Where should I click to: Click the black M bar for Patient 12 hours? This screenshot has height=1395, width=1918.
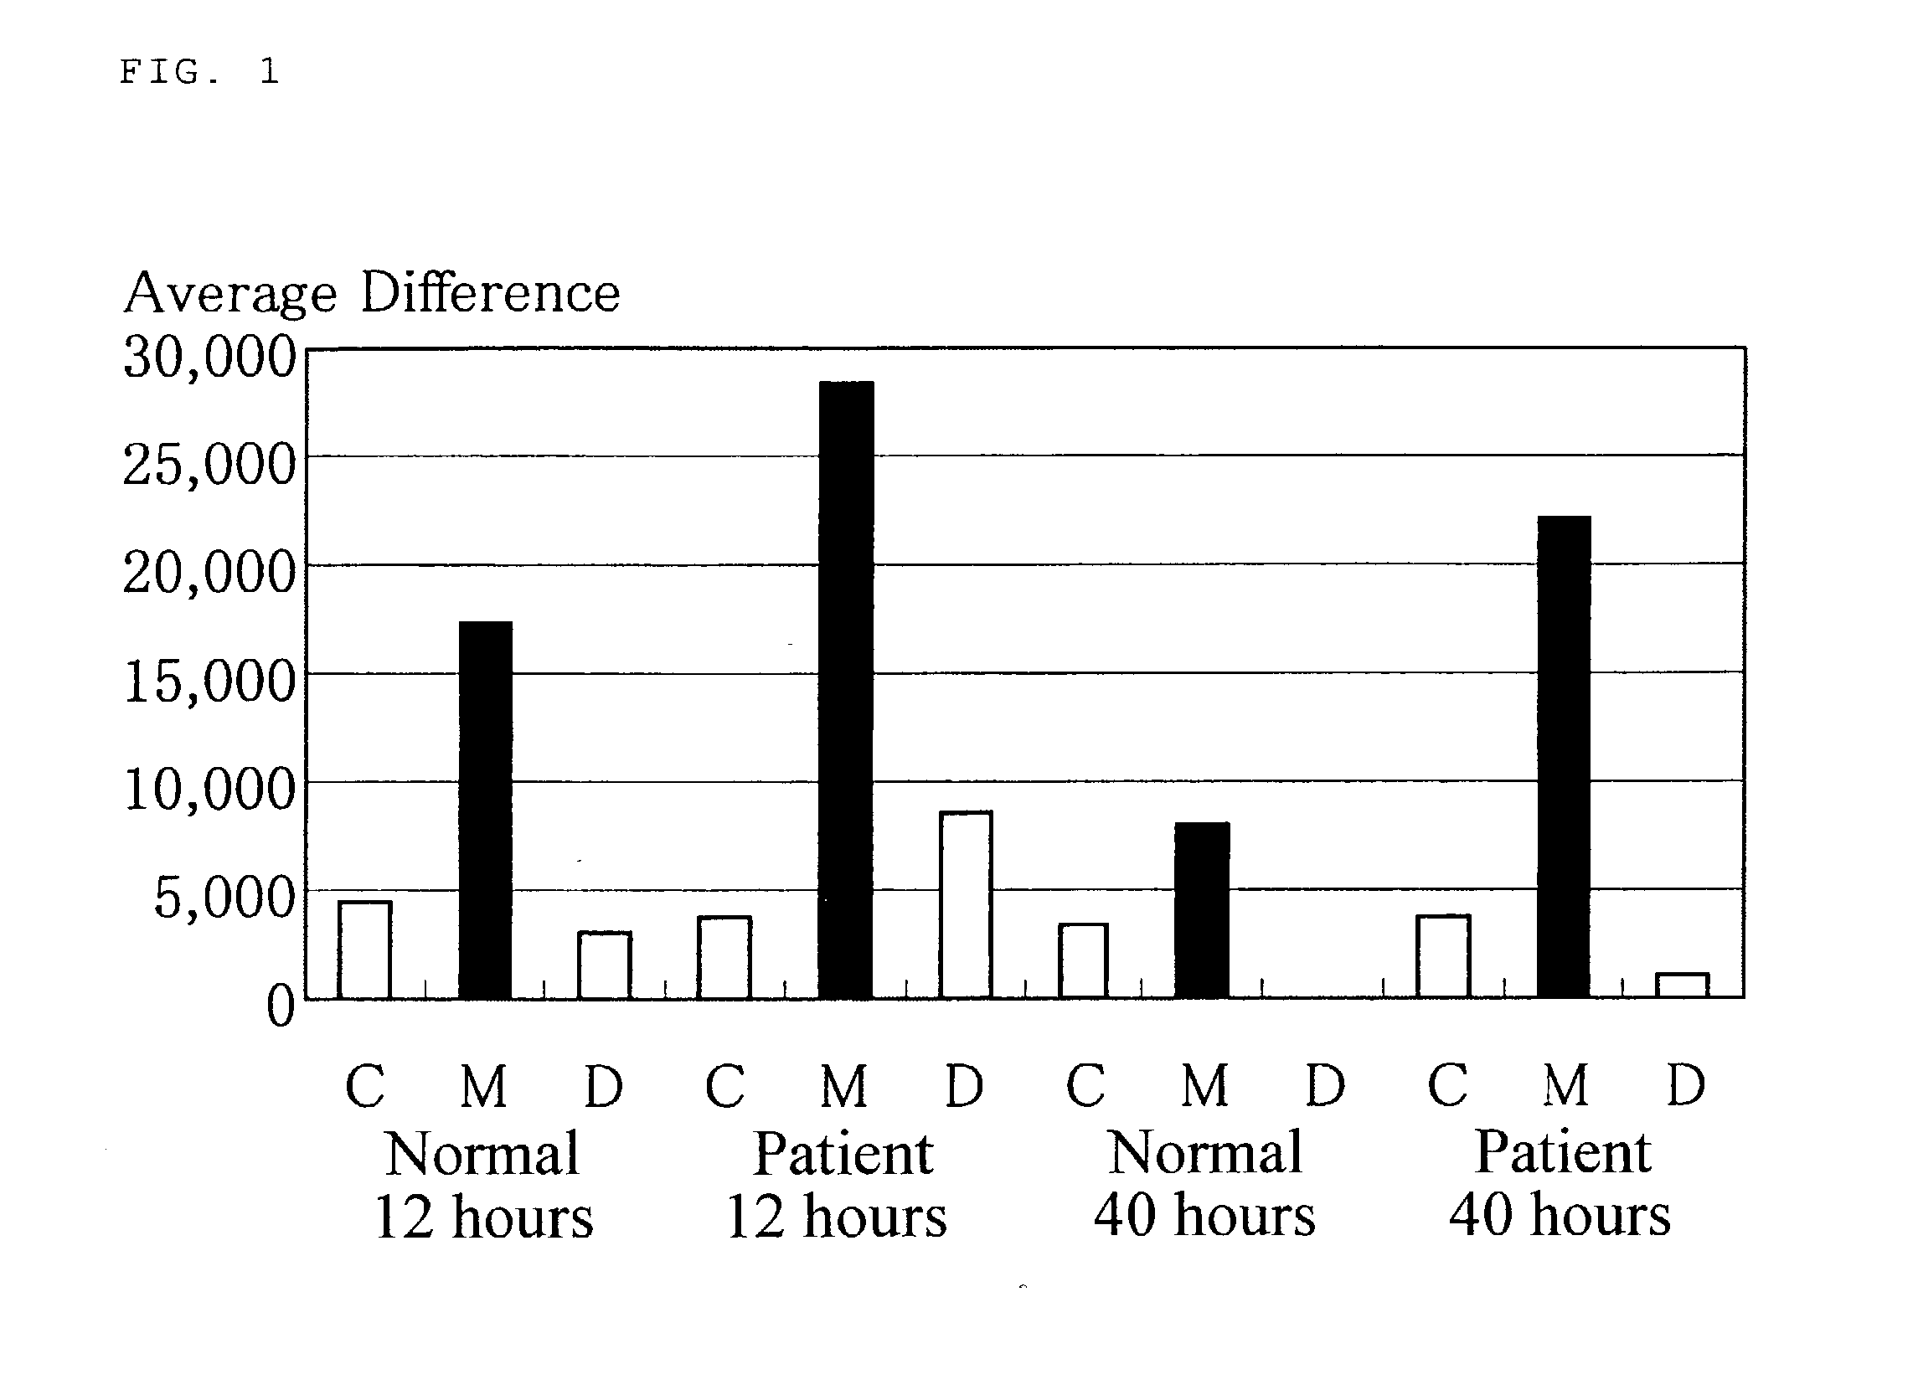pyautogui.click(x=846, y=690)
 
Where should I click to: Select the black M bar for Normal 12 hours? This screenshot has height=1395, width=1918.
pyautogui.click(x=486, y=810)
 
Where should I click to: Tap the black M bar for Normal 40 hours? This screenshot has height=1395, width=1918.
pyautogui.click(x=1203, y=909)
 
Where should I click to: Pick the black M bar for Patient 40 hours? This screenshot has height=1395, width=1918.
pyautogui.click(x=1564, y=757)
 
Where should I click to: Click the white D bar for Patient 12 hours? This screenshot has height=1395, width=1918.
pyautogui.click(x=966, y=904)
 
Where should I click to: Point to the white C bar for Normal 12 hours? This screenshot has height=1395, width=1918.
pyautogui.click(x=364, y=950)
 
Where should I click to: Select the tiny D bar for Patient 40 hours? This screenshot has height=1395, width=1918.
pyautogui.click(x=1682, y=985)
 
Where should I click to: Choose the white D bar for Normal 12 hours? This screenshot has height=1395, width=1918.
pyautogui.click(x=605, y=965)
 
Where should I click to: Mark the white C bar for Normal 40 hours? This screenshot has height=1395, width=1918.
pyautogui.click(x=1083, y=960)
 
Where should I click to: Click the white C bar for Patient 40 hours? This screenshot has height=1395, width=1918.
pyautogui.click(x=1444, y=956)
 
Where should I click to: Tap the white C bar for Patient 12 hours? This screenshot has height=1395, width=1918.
pyautogui.click(x=724, y=957)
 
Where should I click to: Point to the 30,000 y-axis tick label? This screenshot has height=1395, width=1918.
pyautogui.click(x=209, y=357)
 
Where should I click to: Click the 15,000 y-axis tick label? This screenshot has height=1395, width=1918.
pyautogui.click(x=209, y=682)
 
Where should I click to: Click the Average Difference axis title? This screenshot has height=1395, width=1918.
pyautogui.click(x=372, y=292)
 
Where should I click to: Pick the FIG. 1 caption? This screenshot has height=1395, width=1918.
pyautogui.click(x=199, y=72)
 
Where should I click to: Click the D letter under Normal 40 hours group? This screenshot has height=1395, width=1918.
pyautogui.click(x=1325, y=1085)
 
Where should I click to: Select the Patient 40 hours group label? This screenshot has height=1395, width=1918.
pyautogui.click(x=1561, y=1184)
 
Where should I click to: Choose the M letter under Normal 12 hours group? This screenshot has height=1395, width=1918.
pyautogui.click(x=484, y=1086)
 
